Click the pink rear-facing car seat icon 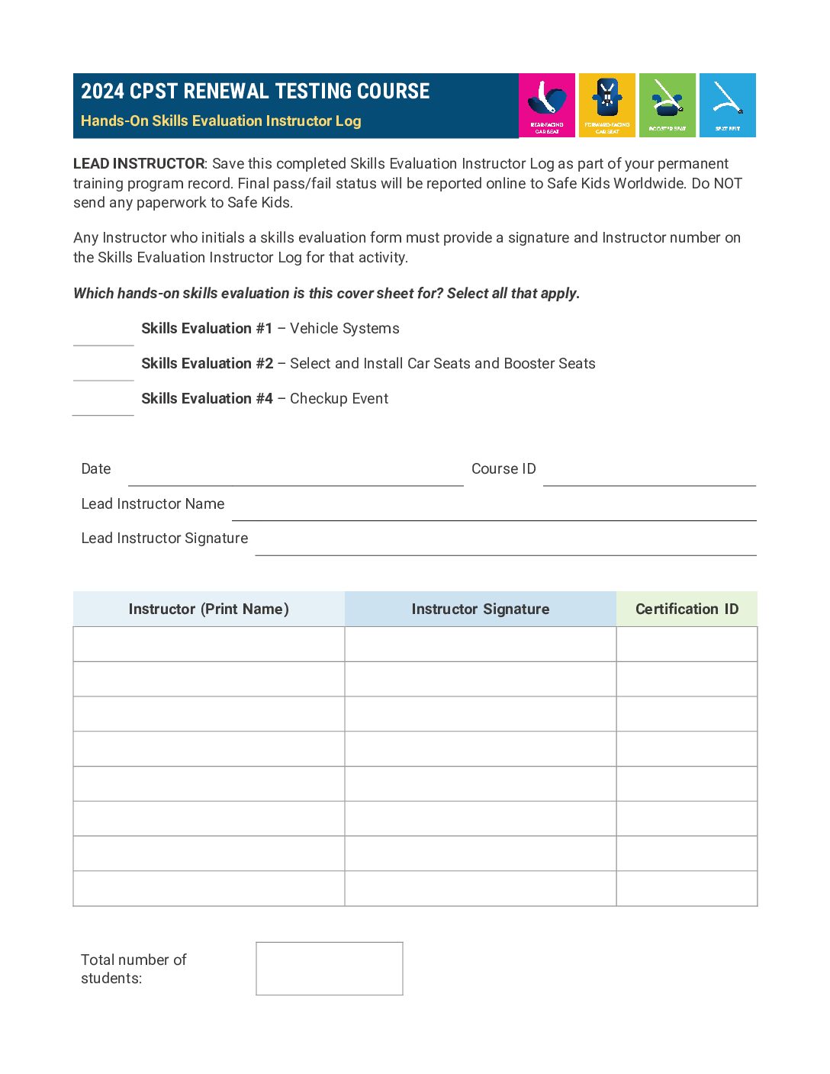547,105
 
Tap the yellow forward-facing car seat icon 607,105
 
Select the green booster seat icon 668,105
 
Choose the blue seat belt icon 727,105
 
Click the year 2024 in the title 102,92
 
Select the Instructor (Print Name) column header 208,609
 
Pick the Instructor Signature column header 480,609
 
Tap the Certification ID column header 687,609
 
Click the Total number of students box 329,968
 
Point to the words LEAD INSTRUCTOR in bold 139,163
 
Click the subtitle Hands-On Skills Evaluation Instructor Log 220,121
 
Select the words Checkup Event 339,398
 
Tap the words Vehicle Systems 344,328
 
